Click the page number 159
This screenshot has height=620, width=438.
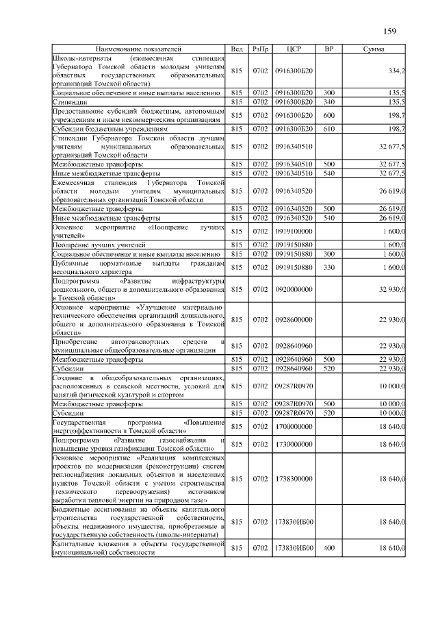tap(390, 31)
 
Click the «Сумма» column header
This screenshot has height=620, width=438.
tap(373, 50)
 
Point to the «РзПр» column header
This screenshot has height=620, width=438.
tap(260, 50)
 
